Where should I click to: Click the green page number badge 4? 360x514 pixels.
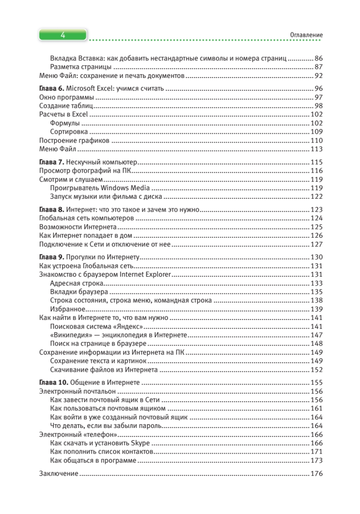click(x=63, y=35)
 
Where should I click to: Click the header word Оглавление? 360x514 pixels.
click(x=306, y=35)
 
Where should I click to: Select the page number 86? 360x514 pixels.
click(x=318, y=58)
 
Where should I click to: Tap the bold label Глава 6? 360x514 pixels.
click(x=51, y=89)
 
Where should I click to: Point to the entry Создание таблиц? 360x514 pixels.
click(x=66, y=106)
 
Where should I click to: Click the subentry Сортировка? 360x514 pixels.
click(x=69, y=131)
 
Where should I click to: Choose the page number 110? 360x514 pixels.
click(x=316, y=140)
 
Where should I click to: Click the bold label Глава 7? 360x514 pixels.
click(x=51, y=162)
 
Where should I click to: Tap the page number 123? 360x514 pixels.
click(x=316, y=210)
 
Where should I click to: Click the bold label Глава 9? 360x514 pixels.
click(x=51, y=257)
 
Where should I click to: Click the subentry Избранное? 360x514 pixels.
click(x=68, y=309)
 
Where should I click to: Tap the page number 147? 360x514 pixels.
click(x=316, y=335)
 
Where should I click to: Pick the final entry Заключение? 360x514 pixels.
click(x=59, y=474)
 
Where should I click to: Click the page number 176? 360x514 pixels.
click(x=316, y=474)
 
